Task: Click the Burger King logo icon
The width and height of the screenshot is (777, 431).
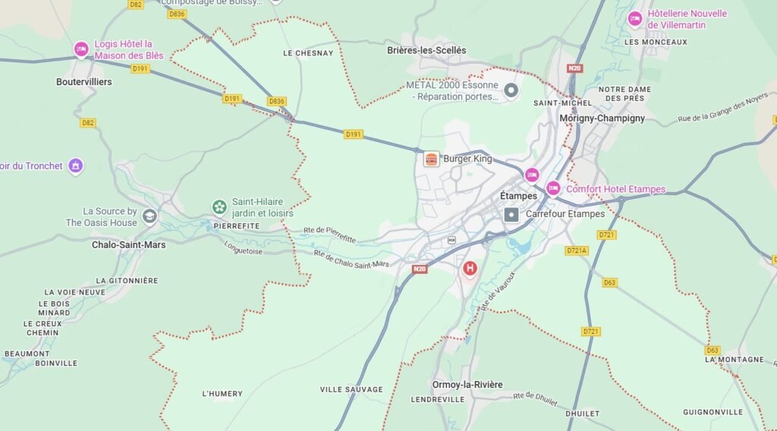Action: (431, 159)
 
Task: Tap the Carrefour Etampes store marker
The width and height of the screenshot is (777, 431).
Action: (511, 215)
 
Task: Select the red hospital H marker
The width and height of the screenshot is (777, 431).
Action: (470, 269)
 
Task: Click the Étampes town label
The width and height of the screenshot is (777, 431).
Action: (518, 196)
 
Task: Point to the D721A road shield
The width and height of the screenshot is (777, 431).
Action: (577, 250)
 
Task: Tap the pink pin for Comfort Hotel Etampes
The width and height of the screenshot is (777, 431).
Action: (554, 188)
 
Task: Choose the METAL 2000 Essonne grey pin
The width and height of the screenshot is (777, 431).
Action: (511, 91)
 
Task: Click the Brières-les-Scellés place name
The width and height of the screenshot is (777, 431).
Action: (426, 51)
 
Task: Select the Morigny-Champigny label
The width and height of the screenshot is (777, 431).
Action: (602, 118)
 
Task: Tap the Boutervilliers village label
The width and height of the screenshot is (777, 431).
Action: (84, 82)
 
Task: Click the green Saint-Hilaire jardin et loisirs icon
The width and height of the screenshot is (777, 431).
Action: (219, 206)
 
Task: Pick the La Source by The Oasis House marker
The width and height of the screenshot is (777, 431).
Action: (149, 216)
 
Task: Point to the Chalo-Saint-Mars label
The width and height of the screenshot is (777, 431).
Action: (128, 245)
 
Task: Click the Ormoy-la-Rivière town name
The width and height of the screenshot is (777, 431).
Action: (467, 385)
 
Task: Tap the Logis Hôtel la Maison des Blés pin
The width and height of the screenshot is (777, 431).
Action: (81, 49)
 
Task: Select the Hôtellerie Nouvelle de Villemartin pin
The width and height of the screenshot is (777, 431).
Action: (634, 19)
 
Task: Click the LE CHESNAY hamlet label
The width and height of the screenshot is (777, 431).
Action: (307, 53)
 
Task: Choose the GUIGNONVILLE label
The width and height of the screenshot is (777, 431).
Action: (713, 412)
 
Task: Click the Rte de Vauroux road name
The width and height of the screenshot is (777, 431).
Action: (497, 291)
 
